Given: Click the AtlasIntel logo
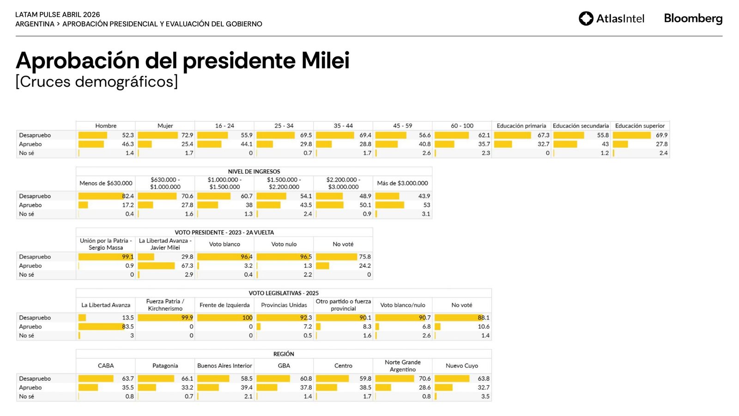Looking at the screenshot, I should tap(611, 18).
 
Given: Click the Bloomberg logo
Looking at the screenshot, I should tap(693, 18).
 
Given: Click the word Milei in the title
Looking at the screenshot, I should tap(325, 61).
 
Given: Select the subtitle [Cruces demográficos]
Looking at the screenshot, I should tap(97, 82).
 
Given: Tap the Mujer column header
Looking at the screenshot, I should tap(165, 126).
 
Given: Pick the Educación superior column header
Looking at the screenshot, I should tap(640, 126).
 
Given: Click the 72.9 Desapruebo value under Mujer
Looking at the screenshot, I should tap(187, 135).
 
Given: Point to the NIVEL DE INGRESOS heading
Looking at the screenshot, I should tap(254, 171).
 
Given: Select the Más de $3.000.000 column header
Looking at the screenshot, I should tap(402, 183).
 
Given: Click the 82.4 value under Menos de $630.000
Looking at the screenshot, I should tap(128, 196).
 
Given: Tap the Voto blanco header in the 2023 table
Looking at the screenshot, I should tap(224, 244).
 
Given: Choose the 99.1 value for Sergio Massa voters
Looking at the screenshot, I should tap(128, 257).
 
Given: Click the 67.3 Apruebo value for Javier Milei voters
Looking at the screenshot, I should tap(187, 266).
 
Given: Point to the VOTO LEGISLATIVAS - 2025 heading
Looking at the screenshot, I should tap(284, 293).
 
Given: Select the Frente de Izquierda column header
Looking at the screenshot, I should tap(224, 305).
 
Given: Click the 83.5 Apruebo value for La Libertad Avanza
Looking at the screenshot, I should tap(128, 326).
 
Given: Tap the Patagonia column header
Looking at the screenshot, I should tap(165, 366).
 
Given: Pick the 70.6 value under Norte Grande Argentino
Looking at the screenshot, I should tap(424, 379).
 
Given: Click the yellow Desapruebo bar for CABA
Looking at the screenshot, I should tap(96, 379).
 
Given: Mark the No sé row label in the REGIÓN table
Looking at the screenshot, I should tap(26, 397).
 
